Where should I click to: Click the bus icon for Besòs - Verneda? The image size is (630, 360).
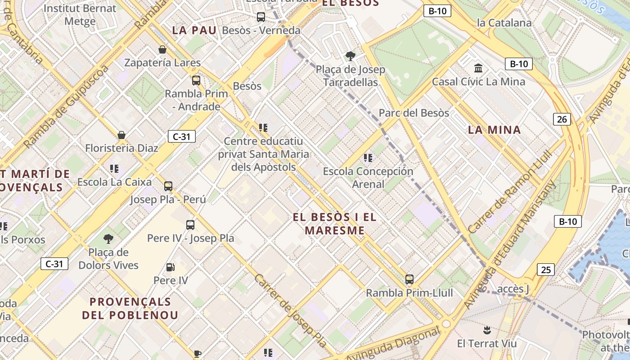tap(261, 17)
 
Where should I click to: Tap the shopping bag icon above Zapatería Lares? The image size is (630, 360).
tap(162, 49)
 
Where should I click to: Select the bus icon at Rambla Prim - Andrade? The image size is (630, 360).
tap(196, 81)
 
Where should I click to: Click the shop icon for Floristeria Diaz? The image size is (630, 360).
tap(121, 135)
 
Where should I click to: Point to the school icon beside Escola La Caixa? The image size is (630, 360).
tap(114, 169)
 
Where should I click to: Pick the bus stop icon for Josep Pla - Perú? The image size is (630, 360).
tap(168, 186)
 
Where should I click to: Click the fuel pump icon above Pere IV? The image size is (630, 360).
tap(171, 267)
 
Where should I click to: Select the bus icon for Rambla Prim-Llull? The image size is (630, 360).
tap(409, 279)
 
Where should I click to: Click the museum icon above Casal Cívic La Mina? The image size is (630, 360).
tap(478, 68)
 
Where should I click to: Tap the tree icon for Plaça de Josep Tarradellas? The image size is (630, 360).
tap(350, 56)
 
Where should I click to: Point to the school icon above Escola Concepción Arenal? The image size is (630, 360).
tap(368, 158)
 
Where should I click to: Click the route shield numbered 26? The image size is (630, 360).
tap(562, 119)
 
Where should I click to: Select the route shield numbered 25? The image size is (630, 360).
tap(545, 270)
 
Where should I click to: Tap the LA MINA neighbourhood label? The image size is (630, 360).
tap(494, 130)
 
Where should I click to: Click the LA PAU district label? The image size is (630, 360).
tap(194, 30)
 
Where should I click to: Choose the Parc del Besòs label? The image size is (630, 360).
tap(414, 113)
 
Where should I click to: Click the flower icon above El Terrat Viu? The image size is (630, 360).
tap(486, 331)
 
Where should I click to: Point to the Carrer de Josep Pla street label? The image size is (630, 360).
tap(290, 310)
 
